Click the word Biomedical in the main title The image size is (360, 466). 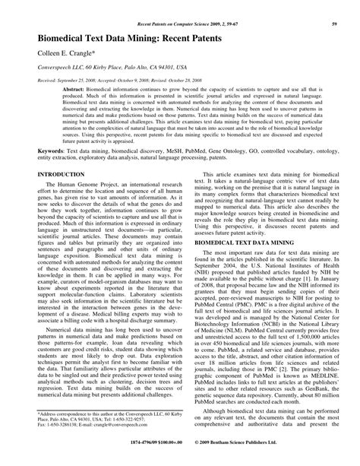[54, 33]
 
